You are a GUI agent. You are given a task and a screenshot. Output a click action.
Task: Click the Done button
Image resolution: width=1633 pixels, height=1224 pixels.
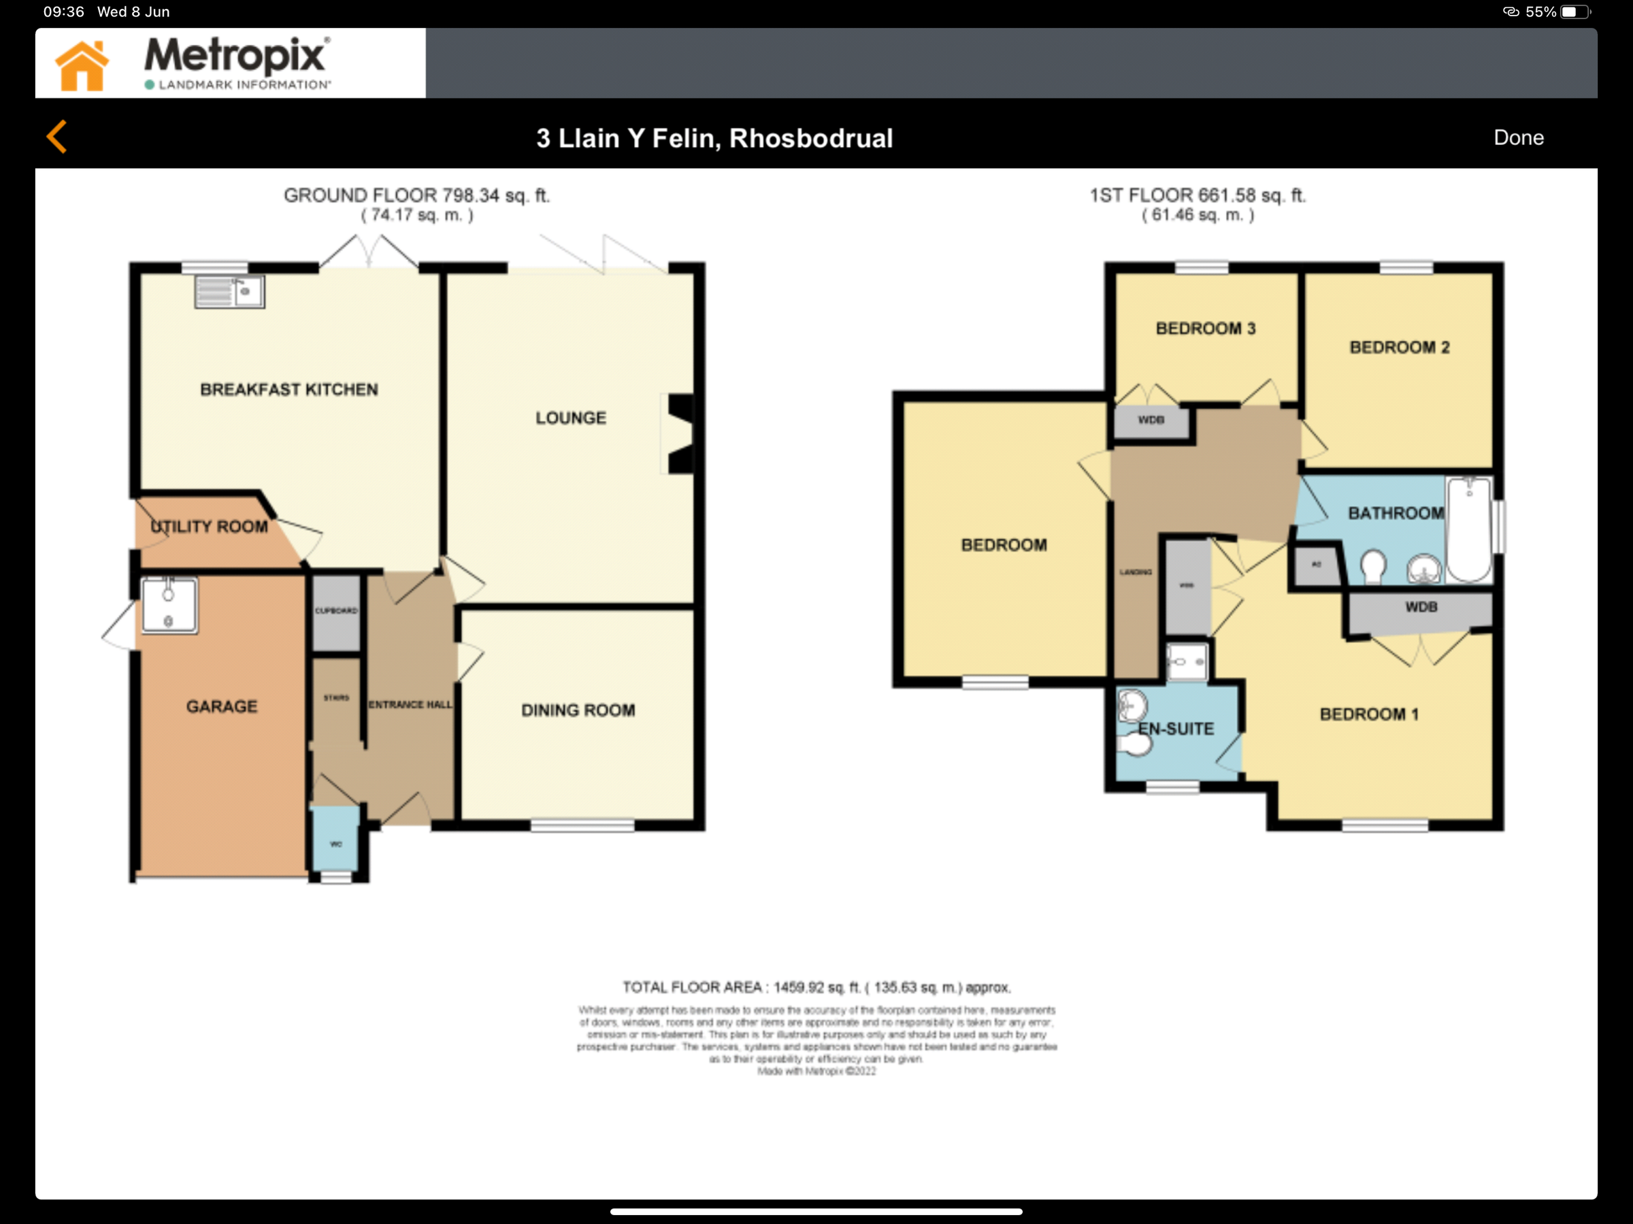point(1518,137)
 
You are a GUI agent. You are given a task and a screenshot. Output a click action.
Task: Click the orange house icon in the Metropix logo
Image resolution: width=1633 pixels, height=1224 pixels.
point(82,66)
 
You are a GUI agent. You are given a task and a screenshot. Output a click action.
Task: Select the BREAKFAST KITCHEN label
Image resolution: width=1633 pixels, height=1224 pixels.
point(288,389)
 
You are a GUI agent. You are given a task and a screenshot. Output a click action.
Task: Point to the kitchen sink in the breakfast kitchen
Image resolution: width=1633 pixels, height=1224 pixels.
point(229,292)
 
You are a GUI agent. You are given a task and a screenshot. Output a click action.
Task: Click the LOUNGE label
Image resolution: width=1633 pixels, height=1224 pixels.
point(571,418)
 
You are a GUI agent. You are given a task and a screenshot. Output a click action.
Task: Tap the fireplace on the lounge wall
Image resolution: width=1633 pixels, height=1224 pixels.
point(680,433)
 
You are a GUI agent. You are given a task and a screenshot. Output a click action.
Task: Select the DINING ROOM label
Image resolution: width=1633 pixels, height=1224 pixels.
point(578,710)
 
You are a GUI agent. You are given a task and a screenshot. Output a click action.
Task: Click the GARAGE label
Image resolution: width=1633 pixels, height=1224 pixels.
point(221,706)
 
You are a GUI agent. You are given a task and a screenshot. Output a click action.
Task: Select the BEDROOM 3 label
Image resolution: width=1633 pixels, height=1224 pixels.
point(1205,329)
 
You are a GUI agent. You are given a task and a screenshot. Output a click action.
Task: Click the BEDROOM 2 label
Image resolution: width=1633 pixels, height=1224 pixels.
point(1399,347)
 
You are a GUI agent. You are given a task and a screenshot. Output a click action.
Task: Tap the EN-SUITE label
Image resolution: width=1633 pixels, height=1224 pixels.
point(1175,729)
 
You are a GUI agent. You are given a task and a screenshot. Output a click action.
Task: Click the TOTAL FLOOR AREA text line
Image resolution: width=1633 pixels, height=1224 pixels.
point(816,987)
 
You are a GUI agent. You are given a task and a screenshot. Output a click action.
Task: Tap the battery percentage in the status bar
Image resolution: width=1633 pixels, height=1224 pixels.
point(1540,12)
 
